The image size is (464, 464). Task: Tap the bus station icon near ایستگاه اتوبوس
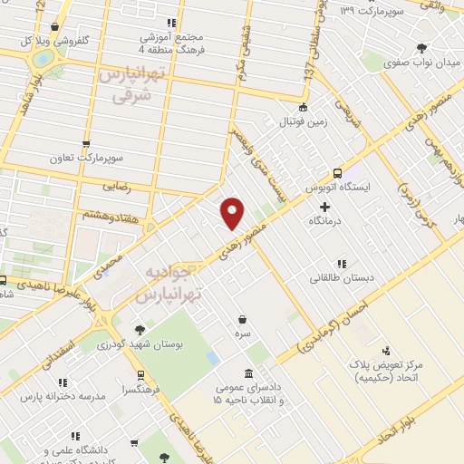337,172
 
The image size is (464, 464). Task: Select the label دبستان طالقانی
341,276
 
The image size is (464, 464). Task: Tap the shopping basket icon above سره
243,318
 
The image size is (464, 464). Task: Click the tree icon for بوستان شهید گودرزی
139,329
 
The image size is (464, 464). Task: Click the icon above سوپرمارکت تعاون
85,142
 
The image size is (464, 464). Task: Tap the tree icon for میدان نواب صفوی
420,48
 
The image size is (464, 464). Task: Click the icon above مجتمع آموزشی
170,23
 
